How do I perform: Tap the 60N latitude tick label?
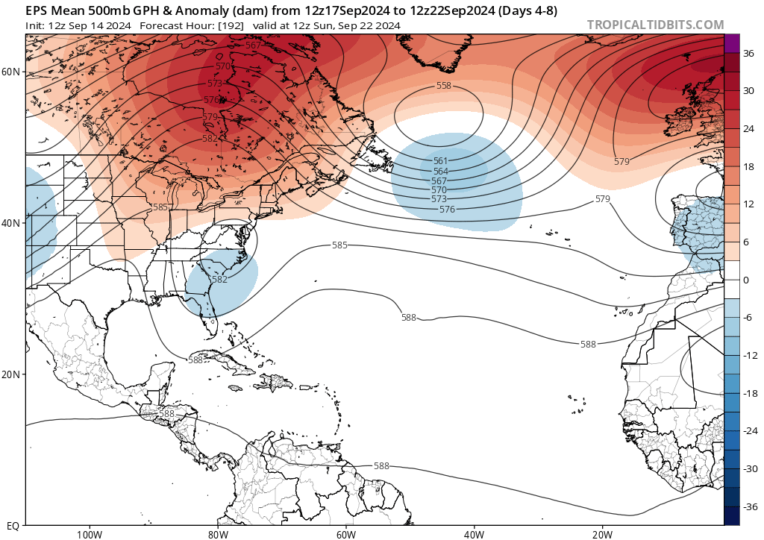pos(11,72)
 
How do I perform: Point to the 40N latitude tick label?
pos(11,223)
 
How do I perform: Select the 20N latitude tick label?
pos(11,374)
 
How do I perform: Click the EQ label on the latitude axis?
pos(13,525)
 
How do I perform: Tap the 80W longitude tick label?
pos(217,534)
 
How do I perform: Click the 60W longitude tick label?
pos(345,534)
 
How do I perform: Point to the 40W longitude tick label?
pos(474,534)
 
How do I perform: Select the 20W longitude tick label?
pos(602,534)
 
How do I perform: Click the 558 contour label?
pos(444,86)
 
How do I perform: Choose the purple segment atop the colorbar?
pos(731,43)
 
